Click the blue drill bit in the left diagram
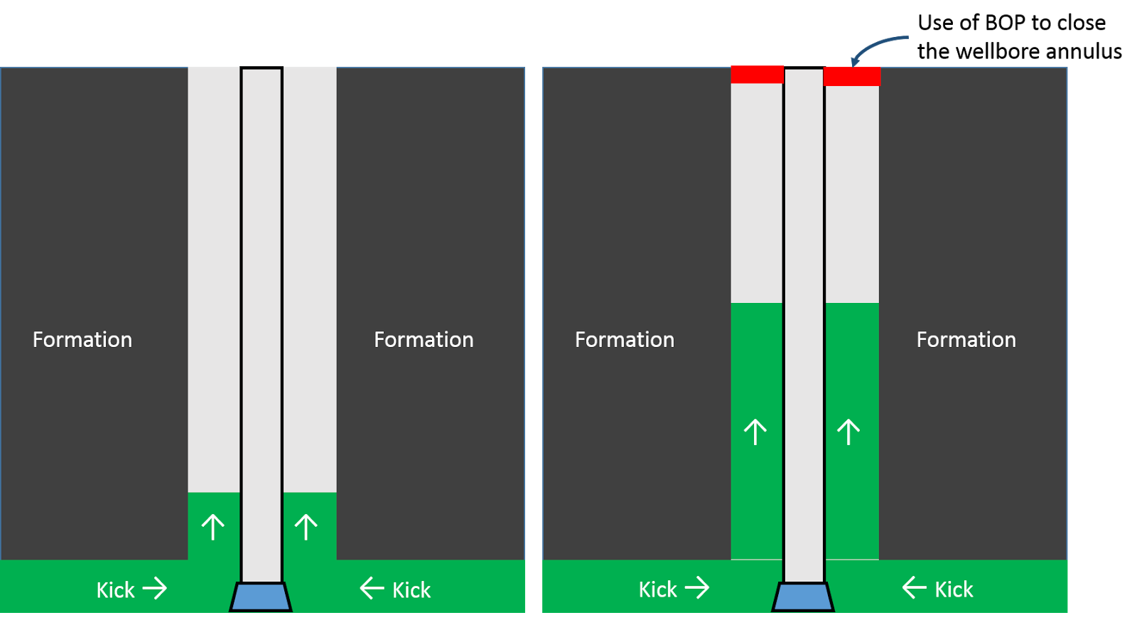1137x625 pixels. (x=261, y=597)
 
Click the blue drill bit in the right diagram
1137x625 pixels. (x=803, y=597)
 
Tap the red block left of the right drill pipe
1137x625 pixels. (x=757, y=74)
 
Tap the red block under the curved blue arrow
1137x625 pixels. (x=852, y=76)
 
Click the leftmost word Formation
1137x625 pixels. (x=82, y=339)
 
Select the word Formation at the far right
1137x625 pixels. (x=966, y=339)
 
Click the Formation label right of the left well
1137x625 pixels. (x=424, y=339)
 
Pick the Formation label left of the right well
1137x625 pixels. (x=624, y=339)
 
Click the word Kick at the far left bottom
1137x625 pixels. (x=115, y=589)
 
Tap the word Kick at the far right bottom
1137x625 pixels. (x=954, y=589)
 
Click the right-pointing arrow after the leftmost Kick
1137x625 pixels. (x=155, y=588)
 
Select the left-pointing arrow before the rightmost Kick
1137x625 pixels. (x=914, y=587)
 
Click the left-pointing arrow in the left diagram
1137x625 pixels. (x=372, y=588)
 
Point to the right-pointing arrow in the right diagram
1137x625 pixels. (x=697, y=587)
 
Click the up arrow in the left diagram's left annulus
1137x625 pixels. (x=212, y=527)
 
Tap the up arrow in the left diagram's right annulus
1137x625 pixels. (x=306, y=527)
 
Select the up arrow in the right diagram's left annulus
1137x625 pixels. (x=755, y=432)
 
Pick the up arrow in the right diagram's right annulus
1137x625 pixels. (x=848, y=432)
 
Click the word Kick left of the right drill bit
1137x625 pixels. (x=657, y=589)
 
